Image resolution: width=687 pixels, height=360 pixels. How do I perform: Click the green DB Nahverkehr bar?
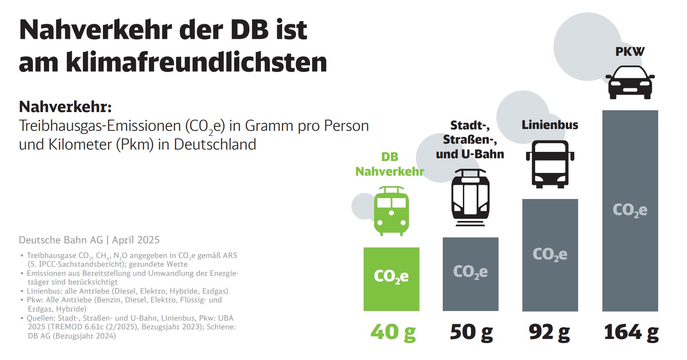coord(391,279)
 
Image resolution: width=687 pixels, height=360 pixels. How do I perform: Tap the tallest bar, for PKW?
coord(630,210)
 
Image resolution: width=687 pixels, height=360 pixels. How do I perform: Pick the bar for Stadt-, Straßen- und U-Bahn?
coord(470,274)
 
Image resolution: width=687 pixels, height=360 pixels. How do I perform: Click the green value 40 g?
coord(391,333)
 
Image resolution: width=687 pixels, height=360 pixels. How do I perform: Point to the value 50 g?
coord(471,333)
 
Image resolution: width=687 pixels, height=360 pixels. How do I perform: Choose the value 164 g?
coord(631,333)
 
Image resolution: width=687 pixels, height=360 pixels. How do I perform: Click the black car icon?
coord(631,82)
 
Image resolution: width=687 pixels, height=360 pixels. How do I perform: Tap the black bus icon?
coord(550,164)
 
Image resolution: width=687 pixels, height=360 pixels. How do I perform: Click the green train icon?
coord(391,210)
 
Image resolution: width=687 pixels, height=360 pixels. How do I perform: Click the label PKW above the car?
coord(630,52)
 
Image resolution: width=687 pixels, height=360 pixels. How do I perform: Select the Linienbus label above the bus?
coord(550,125)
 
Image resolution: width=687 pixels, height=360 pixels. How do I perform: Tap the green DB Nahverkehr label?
coord(390,164)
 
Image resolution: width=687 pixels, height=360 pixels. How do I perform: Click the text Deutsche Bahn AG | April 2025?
coord(89,240)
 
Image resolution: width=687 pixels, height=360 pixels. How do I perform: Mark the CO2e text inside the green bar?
coord(391,276)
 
